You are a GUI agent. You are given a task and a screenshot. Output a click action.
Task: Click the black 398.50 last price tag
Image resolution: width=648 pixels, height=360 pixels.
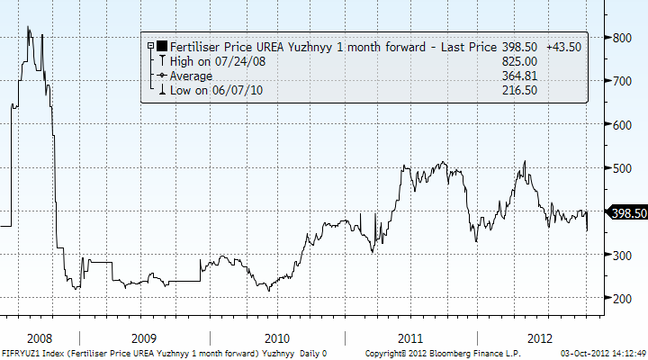(625, 212)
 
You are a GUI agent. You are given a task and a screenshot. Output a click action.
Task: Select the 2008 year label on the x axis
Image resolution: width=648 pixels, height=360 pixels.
(40, 338)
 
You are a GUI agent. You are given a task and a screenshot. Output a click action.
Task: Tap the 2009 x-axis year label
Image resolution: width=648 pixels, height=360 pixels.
(144, 338)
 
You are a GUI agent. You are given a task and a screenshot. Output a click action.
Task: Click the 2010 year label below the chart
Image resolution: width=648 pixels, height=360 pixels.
(277, 338)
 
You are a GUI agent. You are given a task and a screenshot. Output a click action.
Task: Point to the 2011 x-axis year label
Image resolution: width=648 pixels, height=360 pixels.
(410, 338)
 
